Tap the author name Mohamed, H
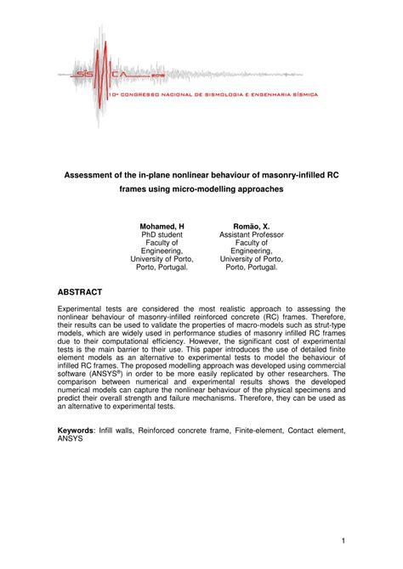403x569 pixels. tap(162, 227)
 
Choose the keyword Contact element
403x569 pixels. tap(320, 431)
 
